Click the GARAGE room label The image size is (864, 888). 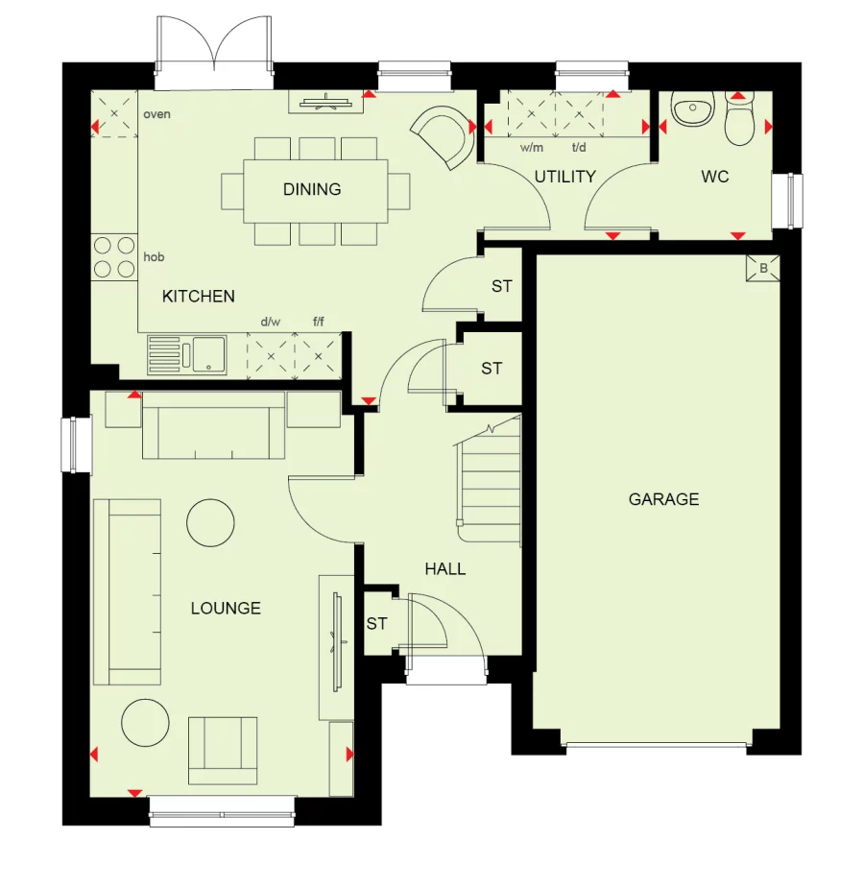pyautogui.click(x=663, y=499)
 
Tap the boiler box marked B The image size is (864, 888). pyautogui.click(x=763, y=269)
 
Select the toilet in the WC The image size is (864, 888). pyautogui.click(x=739, y=122)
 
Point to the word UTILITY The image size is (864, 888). pyautogui.click(x=565, y=177)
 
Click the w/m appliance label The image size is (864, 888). pyautogui.click(x=531, y=149)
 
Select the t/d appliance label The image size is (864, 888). pyautogui.click(x=579, y=149)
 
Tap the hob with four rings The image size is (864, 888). pyautogui.click(x=113, y=257)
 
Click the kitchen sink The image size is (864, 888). pyautogui.click(x=188, y=353)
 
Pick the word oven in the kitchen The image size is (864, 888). pyautogui.click(x=156, y=114)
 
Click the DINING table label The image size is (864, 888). pyautogui.click(x=312, y=189)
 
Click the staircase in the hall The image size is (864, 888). pyautogui.click(x=490, y=477)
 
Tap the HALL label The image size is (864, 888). pyautogui.click(x=445, y=569)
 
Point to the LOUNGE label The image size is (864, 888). pyautogui.click(x=226, y=608)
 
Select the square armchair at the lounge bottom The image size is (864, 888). pyautogui.click(x=223, y=750)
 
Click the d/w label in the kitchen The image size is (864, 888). pyautogui.click(x=270, y=324)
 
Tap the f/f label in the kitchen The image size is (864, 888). pyautogui.click(x=319, y=324)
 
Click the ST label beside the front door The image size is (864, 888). pyautogui.click(x=376, y=624)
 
